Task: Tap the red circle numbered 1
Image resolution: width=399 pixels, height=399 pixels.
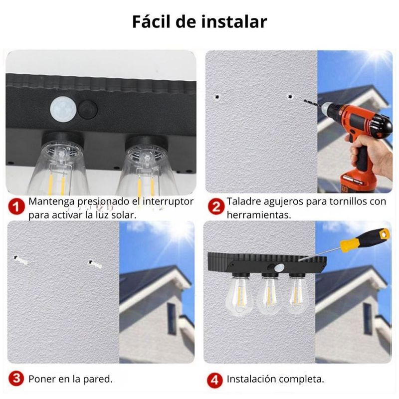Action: [16, 206]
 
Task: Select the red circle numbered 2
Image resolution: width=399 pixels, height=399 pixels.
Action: [216, 206]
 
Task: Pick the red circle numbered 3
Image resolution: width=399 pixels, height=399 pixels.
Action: [16, 379]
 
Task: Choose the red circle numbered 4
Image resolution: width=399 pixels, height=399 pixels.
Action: [214, 380]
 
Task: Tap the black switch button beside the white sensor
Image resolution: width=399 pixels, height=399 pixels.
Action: [87, 110]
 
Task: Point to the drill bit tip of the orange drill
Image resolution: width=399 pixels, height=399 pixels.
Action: [304, 101]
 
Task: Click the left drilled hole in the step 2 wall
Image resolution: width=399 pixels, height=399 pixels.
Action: [217, 97]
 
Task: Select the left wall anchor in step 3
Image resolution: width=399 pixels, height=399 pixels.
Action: [21, 260]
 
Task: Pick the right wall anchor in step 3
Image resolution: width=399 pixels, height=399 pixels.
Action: [95, 264]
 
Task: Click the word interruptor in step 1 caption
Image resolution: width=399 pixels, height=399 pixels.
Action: [168, 201]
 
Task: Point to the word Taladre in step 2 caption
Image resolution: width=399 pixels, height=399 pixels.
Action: [243, 201]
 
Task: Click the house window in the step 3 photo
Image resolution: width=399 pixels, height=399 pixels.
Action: [172, 319]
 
